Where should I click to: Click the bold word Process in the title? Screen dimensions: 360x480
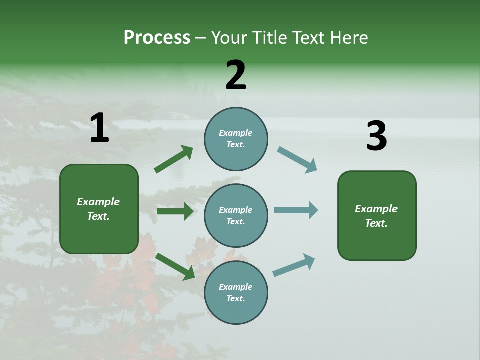click(157, 38)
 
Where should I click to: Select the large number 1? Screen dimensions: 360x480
click(99, 128)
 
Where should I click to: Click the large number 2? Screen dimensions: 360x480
click(236, 75)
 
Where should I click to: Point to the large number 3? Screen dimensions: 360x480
click(376, 136)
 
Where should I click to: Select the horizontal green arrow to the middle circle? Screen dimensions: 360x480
click(175, 211)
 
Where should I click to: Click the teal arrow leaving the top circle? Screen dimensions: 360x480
click(297, 159)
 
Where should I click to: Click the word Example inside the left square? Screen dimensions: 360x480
click(98, 202)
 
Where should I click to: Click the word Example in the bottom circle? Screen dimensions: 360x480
click(236, 287)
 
